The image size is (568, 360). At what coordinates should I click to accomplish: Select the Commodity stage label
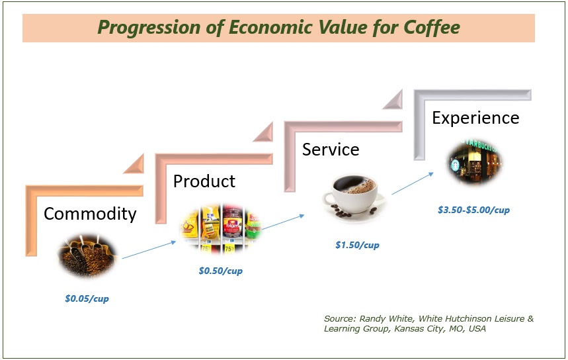pos(90,214)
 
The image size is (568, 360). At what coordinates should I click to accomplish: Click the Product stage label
pos(204,181)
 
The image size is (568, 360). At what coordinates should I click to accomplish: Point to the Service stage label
pos(331,150)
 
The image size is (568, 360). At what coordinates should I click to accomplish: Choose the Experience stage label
pos(475,118)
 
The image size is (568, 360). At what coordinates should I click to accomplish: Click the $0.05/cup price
pos(87,298)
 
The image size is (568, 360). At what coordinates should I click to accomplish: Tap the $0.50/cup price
pos(221,271)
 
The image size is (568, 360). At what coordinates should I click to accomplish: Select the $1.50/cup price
pos(357,245)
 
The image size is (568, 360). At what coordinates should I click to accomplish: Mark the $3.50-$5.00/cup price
pos(473,210)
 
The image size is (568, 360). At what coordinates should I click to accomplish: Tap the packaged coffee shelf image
pos(221,228)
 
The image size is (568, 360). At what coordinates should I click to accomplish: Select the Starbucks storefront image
pos(473,161)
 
